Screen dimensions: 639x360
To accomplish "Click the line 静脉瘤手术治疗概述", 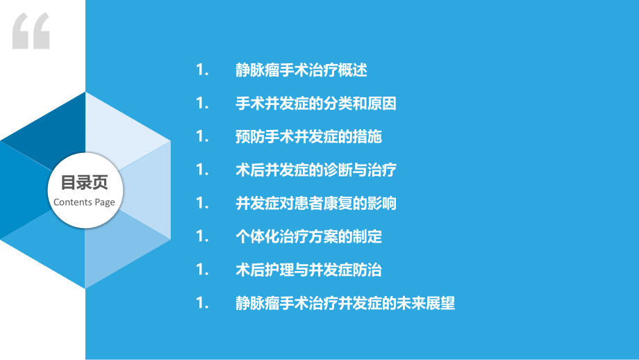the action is (301, 70).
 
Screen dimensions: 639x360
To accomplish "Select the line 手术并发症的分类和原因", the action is (316, 104).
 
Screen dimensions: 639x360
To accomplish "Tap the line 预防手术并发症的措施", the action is (308, 137).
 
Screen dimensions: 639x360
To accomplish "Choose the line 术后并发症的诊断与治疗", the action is (316, 170).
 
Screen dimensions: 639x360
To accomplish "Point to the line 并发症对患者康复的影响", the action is (316, 203).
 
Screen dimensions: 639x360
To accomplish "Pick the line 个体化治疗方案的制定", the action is (308, 236).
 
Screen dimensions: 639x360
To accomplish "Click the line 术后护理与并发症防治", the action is (308, 270).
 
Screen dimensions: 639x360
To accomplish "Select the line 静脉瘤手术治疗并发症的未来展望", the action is (345, 303).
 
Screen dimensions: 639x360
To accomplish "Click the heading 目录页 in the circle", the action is (84, 182).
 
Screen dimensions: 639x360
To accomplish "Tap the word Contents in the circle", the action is (73, 202).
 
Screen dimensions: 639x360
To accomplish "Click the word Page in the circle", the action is (105, 203).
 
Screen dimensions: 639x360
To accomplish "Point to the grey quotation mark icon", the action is (31, 31).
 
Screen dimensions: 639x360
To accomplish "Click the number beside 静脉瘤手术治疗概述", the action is (202, 70).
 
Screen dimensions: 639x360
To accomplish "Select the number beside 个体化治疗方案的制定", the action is (202, 236).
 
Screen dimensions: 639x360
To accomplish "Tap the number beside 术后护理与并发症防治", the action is (202, 270).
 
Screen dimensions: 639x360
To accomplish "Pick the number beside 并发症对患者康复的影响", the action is (202, 203).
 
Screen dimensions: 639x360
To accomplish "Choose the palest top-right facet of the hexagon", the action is (122, 131).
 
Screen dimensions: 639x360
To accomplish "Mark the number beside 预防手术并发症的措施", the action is (202, 137).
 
